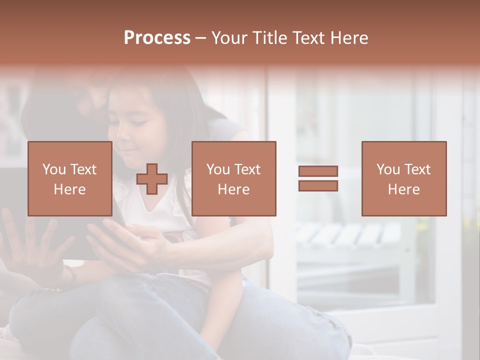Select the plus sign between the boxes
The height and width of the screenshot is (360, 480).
[152, 179]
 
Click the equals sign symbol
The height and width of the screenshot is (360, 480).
[318, 178]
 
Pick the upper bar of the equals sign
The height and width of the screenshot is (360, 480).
[318, 171]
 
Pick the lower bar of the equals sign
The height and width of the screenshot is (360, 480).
[318, 185]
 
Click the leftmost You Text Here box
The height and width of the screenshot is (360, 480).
[70, 178]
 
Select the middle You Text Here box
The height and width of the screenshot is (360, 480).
[233, 178]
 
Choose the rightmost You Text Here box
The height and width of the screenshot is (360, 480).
[403, 178]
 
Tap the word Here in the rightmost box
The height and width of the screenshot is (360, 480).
[403, 189]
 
